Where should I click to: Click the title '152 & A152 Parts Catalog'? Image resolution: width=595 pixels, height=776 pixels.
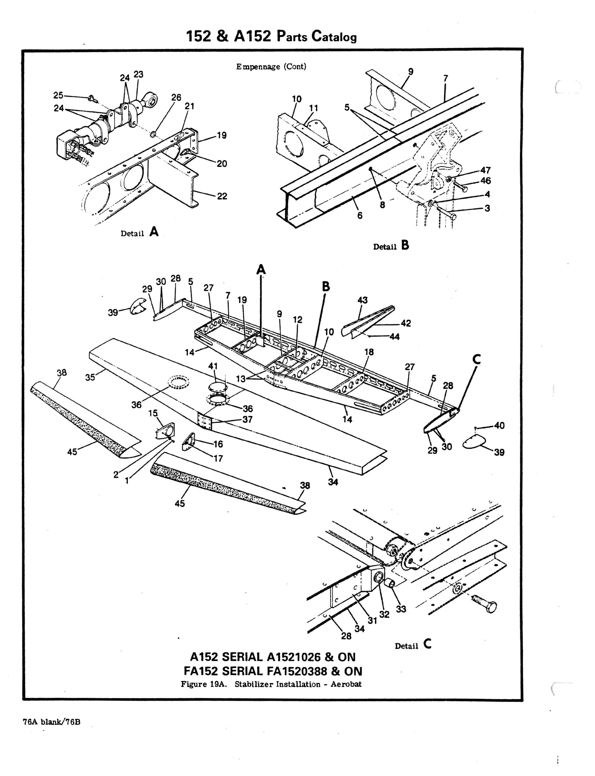271,37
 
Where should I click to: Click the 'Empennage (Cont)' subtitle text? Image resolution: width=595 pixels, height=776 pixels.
271,67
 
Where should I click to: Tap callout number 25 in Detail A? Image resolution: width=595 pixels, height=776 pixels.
58,95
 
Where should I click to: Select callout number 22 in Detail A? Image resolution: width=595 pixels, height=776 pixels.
222,196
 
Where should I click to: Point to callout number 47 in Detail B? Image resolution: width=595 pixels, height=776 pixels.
485,170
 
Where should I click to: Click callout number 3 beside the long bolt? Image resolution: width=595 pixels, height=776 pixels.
487,208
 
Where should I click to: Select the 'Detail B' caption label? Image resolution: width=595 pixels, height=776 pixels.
391,246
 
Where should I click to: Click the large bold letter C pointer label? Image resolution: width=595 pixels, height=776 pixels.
476,359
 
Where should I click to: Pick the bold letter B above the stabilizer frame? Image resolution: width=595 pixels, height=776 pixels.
326,286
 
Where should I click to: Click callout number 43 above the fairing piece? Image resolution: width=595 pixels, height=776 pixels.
362,300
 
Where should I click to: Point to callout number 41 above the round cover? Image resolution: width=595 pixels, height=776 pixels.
213,366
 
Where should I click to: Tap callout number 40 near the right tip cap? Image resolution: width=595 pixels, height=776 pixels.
499,425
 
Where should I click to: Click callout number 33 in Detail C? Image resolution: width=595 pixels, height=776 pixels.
401,609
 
